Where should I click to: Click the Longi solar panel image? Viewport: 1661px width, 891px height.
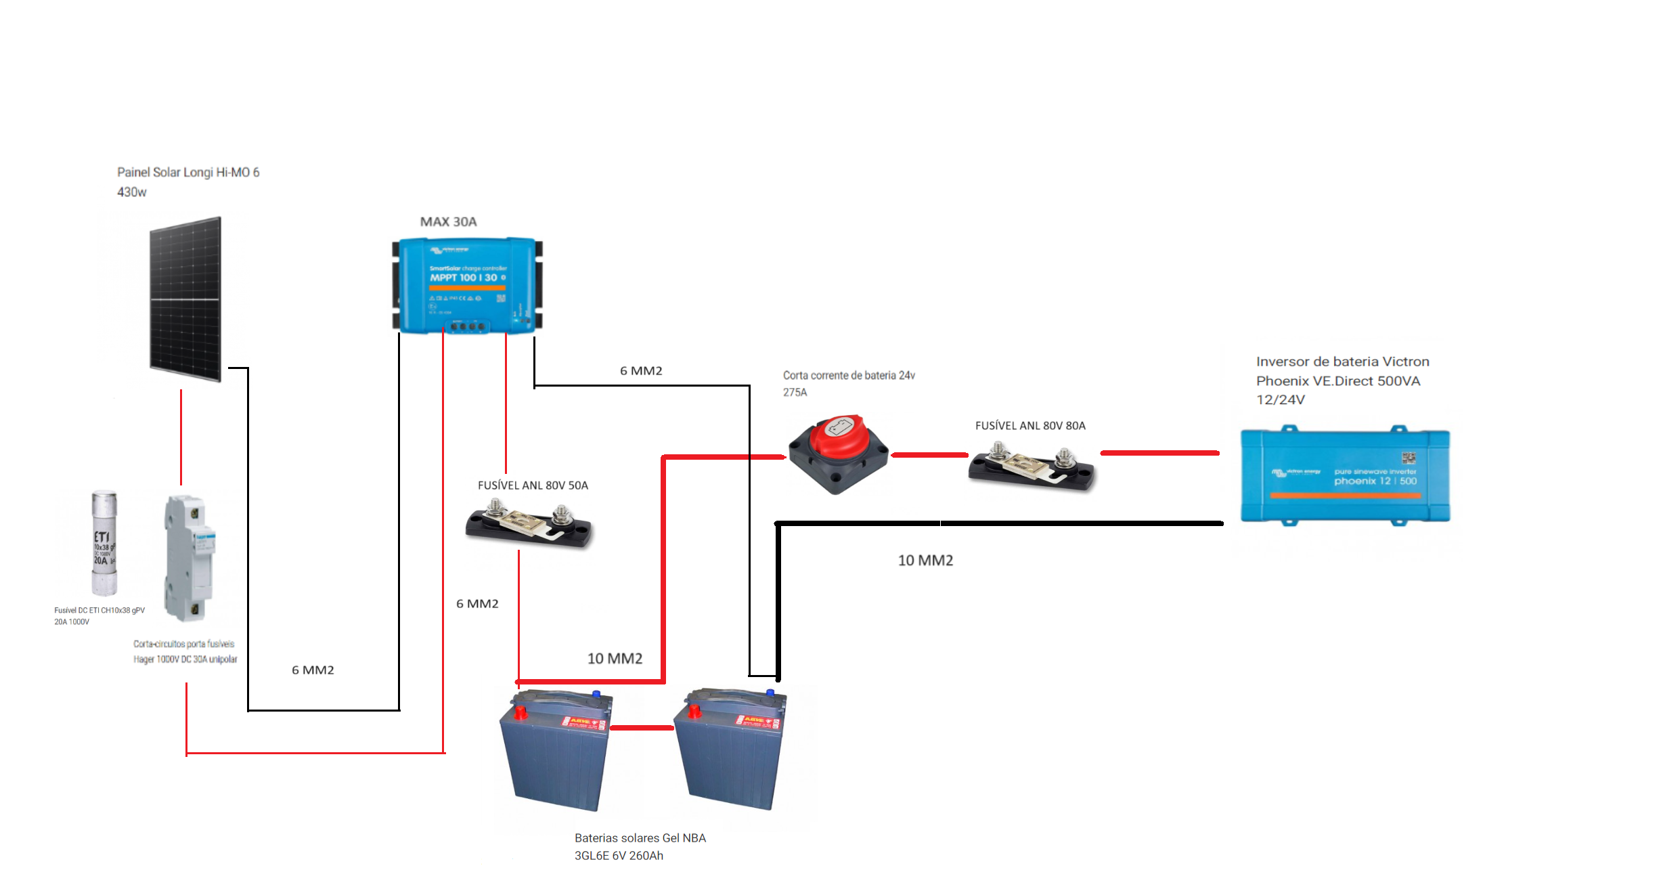185,299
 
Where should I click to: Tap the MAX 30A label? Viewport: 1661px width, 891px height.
448,222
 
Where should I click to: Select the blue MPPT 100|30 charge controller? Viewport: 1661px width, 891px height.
467,285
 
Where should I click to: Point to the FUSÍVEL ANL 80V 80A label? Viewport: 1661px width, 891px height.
1029,426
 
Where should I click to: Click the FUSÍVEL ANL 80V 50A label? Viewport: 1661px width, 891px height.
533,485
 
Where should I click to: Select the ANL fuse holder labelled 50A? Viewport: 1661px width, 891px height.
529,523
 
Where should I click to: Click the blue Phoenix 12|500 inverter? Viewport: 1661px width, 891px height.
1344,476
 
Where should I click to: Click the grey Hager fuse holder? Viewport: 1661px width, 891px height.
189,558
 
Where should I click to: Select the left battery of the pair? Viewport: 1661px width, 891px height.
555,750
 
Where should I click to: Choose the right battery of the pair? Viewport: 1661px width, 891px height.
732,749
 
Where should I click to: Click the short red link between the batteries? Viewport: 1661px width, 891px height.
642,728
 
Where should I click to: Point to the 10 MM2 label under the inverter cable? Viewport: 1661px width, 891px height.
925,561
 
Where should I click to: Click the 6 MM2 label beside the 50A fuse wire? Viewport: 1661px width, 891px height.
477,604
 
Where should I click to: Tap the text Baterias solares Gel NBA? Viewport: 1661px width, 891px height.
640,838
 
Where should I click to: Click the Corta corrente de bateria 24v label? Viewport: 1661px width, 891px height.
849,376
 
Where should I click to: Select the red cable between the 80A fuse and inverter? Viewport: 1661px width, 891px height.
1159,453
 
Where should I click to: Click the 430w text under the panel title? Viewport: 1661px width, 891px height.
131,192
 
